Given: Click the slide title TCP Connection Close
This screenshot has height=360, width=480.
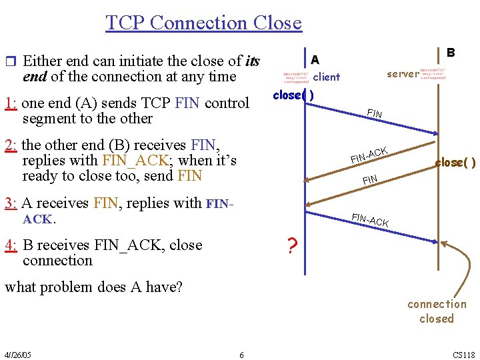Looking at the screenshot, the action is coord(203,23).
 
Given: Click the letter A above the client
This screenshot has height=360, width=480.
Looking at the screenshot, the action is coord(315,59).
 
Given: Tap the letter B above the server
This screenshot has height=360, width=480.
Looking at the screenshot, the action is coord(451,52).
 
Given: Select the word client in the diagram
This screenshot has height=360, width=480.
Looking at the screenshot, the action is coord(327,77).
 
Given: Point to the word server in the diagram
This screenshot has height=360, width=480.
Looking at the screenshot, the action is coord(403,74).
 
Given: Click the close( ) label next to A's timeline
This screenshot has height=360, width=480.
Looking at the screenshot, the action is coord(293,95).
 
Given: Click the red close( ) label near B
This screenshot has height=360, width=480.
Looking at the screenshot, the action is coord(455,162).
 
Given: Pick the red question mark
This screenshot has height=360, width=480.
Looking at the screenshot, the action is coord(291,247).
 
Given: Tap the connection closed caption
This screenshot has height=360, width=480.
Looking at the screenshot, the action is coord(437,311).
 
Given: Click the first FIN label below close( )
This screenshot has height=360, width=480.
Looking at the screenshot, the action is coord(375,113).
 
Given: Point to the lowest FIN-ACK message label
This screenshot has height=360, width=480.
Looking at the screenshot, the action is coord(370,219).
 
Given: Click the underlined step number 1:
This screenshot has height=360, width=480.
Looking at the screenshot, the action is coord(11,103).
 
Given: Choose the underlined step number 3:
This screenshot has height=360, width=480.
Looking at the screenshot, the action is coord(11,203).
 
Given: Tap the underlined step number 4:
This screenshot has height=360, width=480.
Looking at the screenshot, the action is coord(11,245).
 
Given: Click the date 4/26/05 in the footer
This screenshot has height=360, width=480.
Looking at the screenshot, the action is coord(17,354).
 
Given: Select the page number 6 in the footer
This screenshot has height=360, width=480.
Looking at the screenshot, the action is coord(241,354).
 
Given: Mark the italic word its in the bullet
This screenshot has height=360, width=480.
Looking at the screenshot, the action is coord(252,61).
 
